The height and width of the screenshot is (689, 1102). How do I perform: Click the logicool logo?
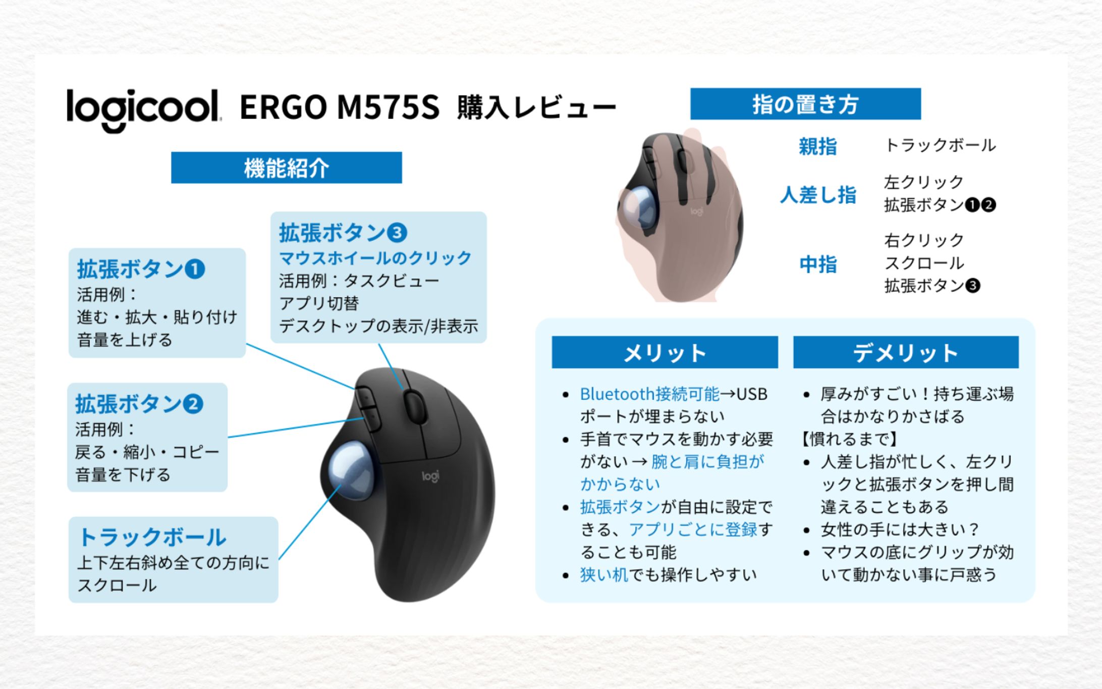point(143,111)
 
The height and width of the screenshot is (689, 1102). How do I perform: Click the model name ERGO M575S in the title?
point(340,108)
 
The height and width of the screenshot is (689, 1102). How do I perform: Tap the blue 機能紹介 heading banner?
point(286,168)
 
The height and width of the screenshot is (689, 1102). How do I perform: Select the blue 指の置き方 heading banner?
point(805,104)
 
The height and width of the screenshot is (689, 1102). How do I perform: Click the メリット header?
point(665,352)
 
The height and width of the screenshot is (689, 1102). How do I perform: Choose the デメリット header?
point(906,352)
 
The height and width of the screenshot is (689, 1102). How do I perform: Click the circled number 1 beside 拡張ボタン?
point(195,269)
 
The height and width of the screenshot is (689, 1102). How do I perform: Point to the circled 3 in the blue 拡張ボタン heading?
point(397,233)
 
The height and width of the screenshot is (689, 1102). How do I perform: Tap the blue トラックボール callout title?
point(152,537)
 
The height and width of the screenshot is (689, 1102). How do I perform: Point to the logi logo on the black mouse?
point(430,476)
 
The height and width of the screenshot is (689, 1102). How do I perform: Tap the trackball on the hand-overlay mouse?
point(640,207)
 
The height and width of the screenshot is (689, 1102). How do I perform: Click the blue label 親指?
point(818,146)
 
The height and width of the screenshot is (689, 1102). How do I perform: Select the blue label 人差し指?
point(818,194)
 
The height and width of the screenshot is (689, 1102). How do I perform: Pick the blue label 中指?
point(818,264)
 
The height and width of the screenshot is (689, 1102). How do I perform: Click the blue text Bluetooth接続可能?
point(649,394)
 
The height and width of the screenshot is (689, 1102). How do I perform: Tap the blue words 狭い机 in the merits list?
point(604,574)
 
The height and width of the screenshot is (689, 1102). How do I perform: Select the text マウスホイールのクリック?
point(375,258)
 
